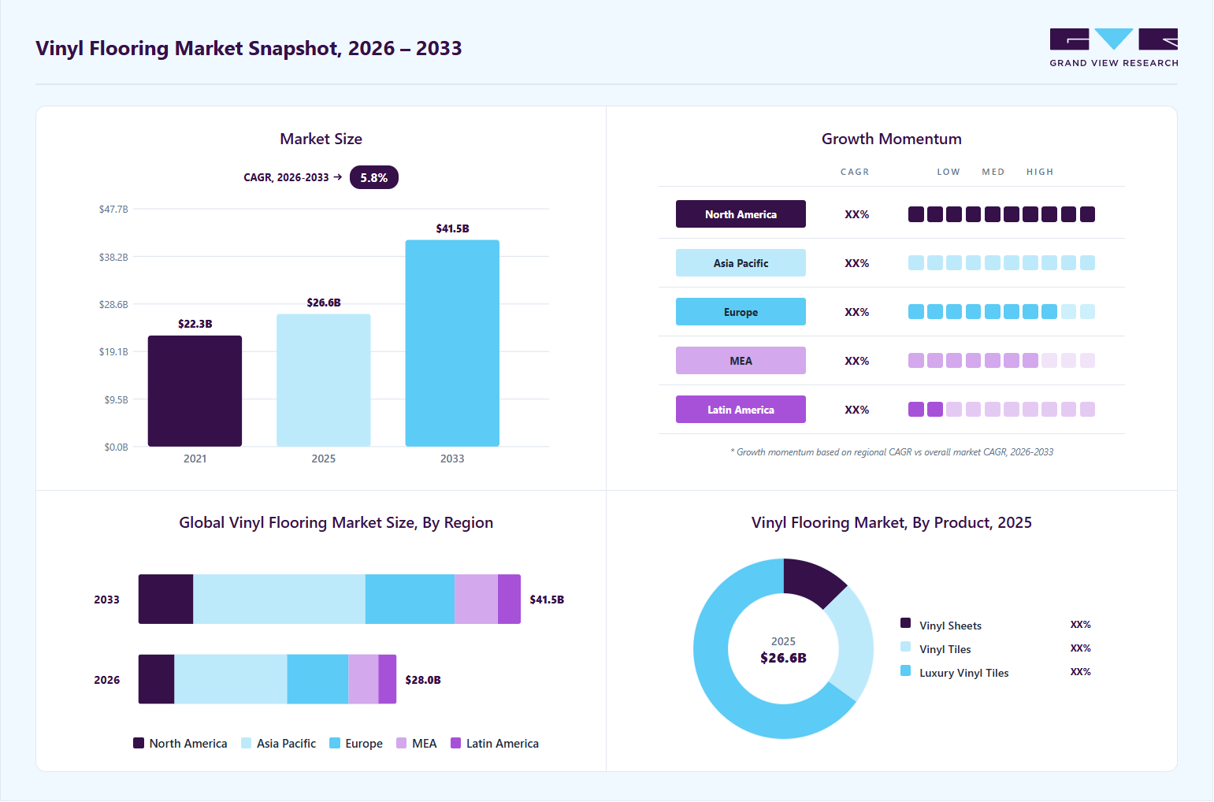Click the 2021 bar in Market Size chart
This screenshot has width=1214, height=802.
pos(195,392)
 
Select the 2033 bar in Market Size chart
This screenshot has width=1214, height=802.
pos(452,343)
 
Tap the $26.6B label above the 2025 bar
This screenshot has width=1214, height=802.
pos(324,303)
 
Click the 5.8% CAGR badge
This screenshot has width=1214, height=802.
pos(374,178)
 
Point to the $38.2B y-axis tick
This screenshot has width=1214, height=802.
pos(113,257)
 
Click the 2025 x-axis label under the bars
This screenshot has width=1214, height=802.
pos(324,459)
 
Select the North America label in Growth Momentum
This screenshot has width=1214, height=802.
pos(741,214)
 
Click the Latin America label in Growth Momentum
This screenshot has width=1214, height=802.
pos(741,410)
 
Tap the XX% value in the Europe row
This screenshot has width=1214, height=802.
pos(857,312)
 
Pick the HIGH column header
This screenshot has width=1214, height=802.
pos(1040,172)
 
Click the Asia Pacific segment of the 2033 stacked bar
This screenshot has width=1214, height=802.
pos(279,600)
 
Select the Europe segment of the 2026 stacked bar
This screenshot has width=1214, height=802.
pos(317,680)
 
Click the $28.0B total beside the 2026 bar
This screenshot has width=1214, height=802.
pos(423,680)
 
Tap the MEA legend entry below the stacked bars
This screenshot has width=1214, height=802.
pos(416,744)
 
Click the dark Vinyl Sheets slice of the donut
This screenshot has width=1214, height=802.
pos(812,582)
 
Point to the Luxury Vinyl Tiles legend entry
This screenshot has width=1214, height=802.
pos(954,673)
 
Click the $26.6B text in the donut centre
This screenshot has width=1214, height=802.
pos(784,659)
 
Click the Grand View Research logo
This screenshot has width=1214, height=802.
pos(1114,48)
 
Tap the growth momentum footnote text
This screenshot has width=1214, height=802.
pos(892,452)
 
